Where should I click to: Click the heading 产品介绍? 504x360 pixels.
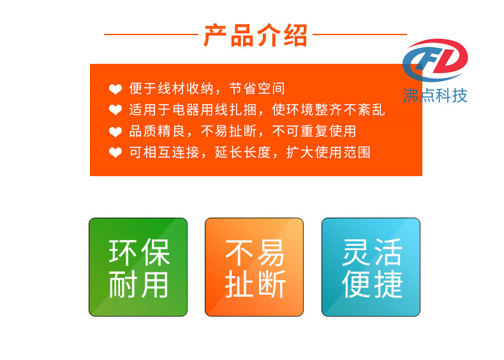[x=256, y=35]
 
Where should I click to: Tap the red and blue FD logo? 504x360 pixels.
[x=435, y=60]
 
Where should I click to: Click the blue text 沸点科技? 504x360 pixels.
[x=435, y=96]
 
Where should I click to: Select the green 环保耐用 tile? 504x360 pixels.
[x=138, y=267]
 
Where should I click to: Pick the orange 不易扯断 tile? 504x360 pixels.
[x=255, y=267]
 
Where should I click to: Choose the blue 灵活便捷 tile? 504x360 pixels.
[x=371, y=267]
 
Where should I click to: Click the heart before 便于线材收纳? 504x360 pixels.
[x=115, y=89]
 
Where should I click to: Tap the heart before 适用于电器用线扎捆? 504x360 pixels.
[x=115, y=110]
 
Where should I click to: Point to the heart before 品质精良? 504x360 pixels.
[x=115, y=131]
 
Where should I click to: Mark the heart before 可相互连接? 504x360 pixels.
[x=115, y=153]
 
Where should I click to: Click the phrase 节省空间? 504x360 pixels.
[x=257, y=89]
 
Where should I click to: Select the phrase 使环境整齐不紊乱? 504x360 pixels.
[x=329, y=110]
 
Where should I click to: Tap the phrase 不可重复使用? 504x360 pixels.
[x=315, y=131]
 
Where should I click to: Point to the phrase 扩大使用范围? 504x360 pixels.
[x=329, y=152]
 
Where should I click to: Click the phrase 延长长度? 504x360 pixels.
[x=242, y=152]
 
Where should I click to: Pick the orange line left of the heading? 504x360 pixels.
[x=151, y=34]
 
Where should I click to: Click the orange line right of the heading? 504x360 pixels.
[x=360, y=34]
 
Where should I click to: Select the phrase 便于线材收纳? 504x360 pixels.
[x=172, y=89]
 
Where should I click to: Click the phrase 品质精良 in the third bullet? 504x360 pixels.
[x=157, y=131]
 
